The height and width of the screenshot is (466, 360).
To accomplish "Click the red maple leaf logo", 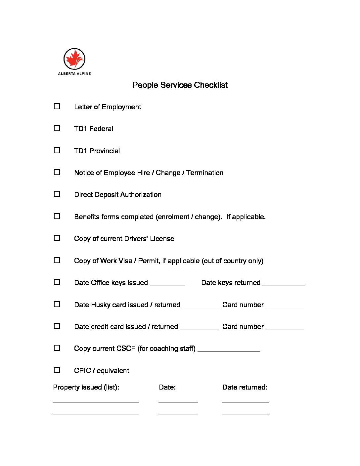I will point(74,59).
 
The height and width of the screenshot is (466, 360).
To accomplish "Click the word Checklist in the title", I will point(211,85).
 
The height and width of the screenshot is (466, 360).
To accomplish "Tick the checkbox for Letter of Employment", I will point(57,106).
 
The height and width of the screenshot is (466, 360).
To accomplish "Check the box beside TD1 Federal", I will point(57,128).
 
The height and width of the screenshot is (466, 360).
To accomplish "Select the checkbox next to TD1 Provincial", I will point(57,150).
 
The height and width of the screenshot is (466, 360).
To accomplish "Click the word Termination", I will point(205,173).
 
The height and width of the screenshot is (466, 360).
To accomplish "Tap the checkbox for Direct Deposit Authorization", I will point(57,194).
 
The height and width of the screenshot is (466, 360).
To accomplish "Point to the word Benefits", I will point(87,217).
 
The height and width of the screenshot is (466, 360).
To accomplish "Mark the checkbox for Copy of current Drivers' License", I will point(57,238).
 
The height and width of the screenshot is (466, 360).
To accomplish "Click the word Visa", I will point(125,261).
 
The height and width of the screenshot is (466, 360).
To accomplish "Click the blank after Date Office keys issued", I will point(167,283).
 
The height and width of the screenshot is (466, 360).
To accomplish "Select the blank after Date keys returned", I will point(284,283).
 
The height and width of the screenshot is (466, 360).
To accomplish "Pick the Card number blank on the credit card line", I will point(285,328).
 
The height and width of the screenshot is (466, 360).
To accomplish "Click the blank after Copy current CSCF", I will point(229,349).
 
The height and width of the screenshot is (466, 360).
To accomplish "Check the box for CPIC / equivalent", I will point(57,370).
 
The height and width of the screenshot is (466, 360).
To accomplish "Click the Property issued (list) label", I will point(86,387).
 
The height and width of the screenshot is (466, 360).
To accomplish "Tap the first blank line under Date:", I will point(178,401).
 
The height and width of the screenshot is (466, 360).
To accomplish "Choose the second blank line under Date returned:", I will point(246,413).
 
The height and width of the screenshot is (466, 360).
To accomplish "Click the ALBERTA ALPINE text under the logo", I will point(74,73).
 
